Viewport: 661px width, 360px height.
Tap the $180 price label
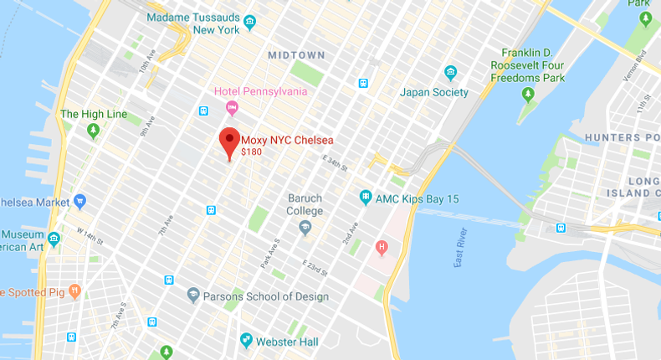pos(251,152)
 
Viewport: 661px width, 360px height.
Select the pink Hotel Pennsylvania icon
pos(232,107)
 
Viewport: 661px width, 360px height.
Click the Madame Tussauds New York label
pos(193,23)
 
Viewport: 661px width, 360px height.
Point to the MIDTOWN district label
pos(296,55)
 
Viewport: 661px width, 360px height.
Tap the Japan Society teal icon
pos(451,72)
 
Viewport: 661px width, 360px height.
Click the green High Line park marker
pos(93,130)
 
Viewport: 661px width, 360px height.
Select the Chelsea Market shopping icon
pos(80,201)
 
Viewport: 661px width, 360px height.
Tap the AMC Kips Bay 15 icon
pos(365,197)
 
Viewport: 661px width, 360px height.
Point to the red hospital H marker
pos(382,247)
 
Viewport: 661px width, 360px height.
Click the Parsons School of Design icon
pos(193,296)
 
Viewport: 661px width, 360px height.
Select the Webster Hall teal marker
pos(246,340)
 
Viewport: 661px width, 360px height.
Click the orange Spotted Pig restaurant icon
pos(74,292)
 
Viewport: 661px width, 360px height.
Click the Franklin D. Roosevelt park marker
pos(527,92)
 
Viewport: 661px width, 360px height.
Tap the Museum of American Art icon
pos(54,239)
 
